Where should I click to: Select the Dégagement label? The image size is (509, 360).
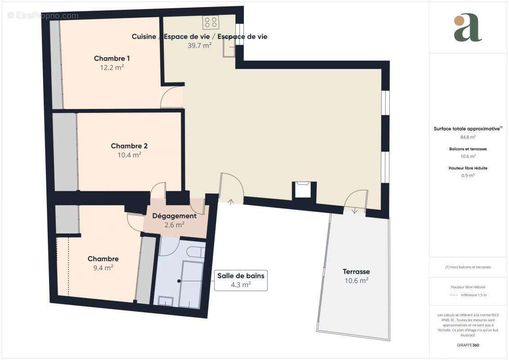[x=174, y=216]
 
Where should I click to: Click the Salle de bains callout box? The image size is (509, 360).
[x=241, y=280]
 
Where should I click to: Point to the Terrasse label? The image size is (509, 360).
[x=356, y=271]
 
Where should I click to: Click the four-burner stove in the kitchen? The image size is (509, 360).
[x=210, y=22]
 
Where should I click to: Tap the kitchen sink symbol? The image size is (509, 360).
[x=229, y=51]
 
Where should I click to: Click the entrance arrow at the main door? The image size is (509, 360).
[x=231, y=202]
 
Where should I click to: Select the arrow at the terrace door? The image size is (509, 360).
[x=355, y=210]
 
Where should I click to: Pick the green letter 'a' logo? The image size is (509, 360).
[x=468, y=28]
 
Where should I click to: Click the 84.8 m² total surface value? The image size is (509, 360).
[x=468, y=137]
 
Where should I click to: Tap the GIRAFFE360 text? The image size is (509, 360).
[x=468, y=345]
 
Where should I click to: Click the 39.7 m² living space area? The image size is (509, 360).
[x=199, y=45]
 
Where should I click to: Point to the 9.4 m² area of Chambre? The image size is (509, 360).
[x=103, y=267]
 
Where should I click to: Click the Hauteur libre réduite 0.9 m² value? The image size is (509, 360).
[x=468, y=175]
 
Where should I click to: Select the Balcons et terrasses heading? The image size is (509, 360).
[x=468, y=148]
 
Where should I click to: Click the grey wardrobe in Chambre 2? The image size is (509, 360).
[x=66, y=152]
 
